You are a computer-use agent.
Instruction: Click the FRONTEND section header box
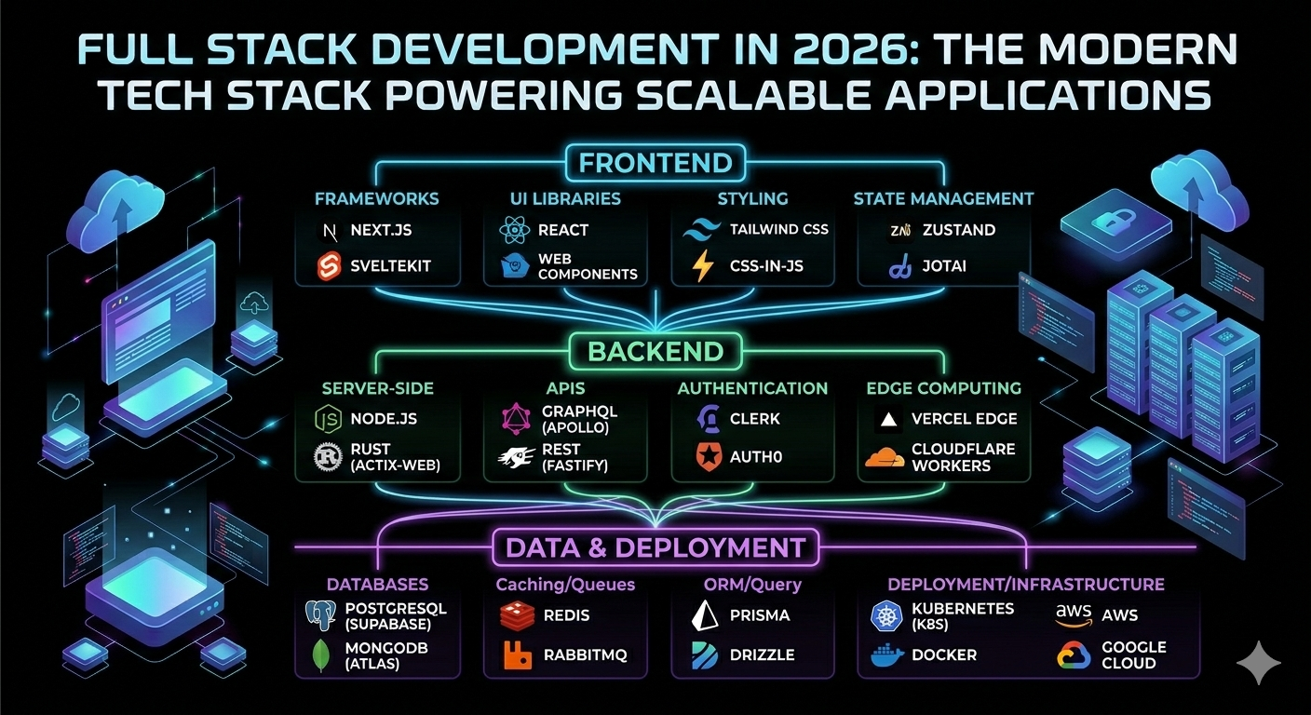click(655, 163)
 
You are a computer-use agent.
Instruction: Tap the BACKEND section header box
click(655, 351)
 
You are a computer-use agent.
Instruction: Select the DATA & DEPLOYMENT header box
click(655, 547)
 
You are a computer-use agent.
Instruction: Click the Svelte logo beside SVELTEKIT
click(329, 266)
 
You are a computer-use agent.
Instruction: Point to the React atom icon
click(515, 230)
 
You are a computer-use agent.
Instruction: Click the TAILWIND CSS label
click(778, 229)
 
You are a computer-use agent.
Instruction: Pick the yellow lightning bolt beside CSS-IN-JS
click(702, 266)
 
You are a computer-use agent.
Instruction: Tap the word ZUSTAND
click(959, 230)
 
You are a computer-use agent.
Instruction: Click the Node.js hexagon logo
click(329, 419)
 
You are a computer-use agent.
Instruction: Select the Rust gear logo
click(329, 457)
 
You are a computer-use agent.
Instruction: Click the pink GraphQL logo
click(516, 419)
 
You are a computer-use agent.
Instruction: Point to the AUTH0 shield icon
click(709, 457)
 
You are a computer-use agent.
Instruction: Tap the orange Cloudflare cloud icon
click(885, 457)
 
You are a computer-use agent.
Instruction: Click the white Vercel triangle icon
click(889, 420)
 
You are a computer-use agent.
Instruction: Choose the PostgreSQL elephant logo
click(320, 615)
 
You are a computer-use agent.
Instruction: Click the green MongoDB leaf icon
click(321, 655)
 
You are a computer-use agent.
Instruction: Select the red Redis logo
click(518, 616)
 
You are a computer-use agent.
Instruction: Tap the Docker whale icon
click(888, 655)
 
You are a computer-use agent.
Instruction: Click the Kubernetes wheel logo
click(886, 616)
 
